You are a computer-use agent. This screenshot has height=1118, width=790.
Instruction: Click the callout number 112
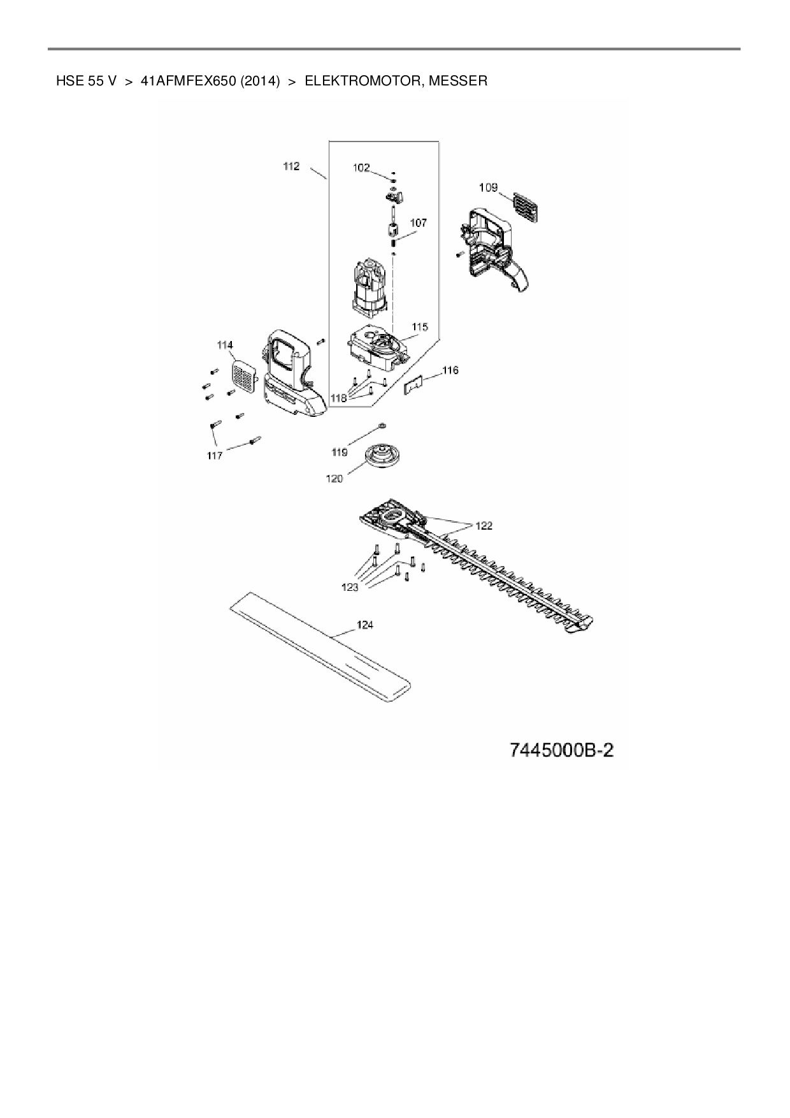pyautogui.click(x=291, y=166)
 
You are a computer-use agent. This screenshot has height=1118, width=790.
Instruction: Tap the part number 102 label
pyautogui.click(x=361, y=168)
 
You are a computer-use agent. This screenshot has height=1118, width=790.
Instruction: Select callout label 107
pyautogui.click(x=419, y=223)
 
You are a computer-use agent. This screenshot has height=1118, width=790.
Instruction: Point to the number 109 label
pyautogui.click(x=488, y=187)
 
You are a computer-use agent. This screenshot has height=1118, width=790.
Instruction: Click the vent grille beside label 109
pyautogui.click(x=527, y=207)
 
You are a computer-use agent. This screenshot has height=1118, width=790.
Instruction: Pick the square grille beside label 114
pyautogui.click(x=241, y=375)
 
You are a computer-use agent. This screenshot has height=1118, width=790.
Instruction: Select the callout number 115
pyautogui.click(x=419, y=327)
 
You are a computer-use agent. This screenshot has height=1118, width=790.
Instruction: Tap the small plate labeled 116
pyautogui.click(x=415, y=385)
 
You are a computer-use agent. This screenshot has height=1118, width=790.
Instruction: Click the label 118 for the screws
pyautogui.click(x=338, y=398)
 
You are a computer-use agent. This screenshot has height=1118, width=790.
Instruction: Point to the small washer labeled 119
pyautogui.click(x=382, y=425)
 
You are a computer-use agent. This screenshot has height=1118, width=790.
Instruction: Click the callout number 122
pyautogui.click(x=484, y=526)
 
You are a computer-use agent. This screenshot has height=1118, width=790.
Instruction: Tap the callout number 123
pyautogui.click(x=350, y=587)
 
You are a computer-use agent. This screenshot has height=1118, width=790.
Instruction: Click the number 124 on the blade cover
pyautogui.click(x=365, y=625)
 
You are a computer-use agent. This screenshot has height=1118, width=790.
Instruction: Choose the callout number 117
pyautogui.click(x=215, y=455)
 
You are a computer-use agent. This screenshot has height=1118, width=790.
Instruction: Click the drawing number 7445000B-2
pyautogui.click(x=561, y=750)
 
